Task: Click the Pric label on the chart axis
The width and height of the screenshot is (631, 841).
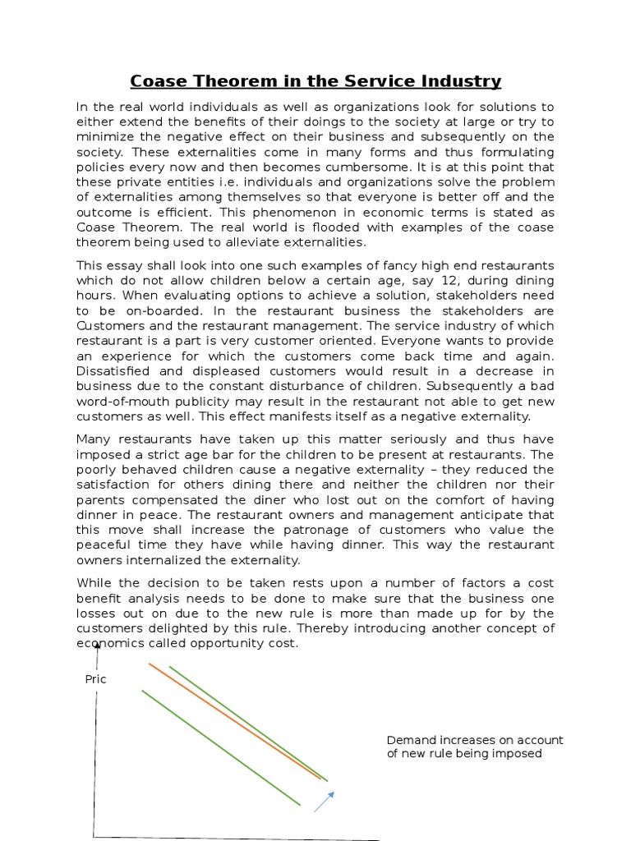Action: [96, 679]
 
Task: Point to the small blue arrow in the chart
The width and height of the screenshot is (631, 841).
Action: [325, 801]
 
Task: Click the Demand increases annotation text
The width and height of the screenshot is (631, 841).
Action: [475, 747]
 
